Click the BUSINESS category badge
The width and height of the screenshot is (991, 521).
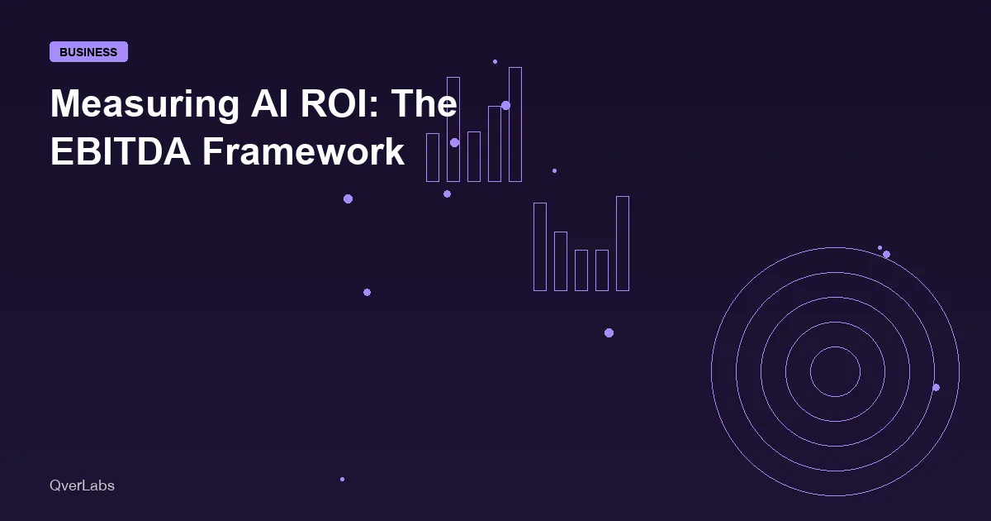pos(88,52)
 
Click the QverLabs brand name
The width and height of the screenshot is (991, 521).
pos(82,485)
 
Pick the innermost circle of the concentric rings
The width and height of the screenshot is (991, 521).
pos(835,372)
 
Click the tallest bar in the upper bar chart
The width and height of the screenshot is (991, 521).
pos(514,124)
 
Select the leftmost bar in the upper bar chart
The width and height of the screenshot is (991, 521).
pos(433,157)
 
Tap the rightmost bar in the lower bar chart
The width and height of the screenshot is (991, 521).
pos(623,243)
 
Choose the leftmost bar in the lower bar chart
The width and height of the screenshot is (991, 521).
pos(540,246)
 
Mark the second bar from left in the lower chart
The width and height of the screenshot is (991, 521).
pos(561,261)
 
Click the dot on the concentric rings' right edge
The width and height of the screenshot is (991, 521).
pos(936,387)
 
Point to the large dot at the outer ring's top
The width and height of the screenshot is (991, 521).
pos(886,255)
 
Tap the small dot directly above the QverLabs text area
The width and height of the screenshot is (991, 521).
pos(342,479)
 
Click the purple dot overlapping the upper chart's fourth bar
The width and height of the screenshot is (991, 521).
pos(505,106)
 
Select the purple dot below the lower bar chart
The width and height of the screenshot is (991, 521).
pos(609,332)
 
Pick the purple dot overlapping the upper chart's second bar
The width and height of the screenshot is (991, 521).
pos(454,142)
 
